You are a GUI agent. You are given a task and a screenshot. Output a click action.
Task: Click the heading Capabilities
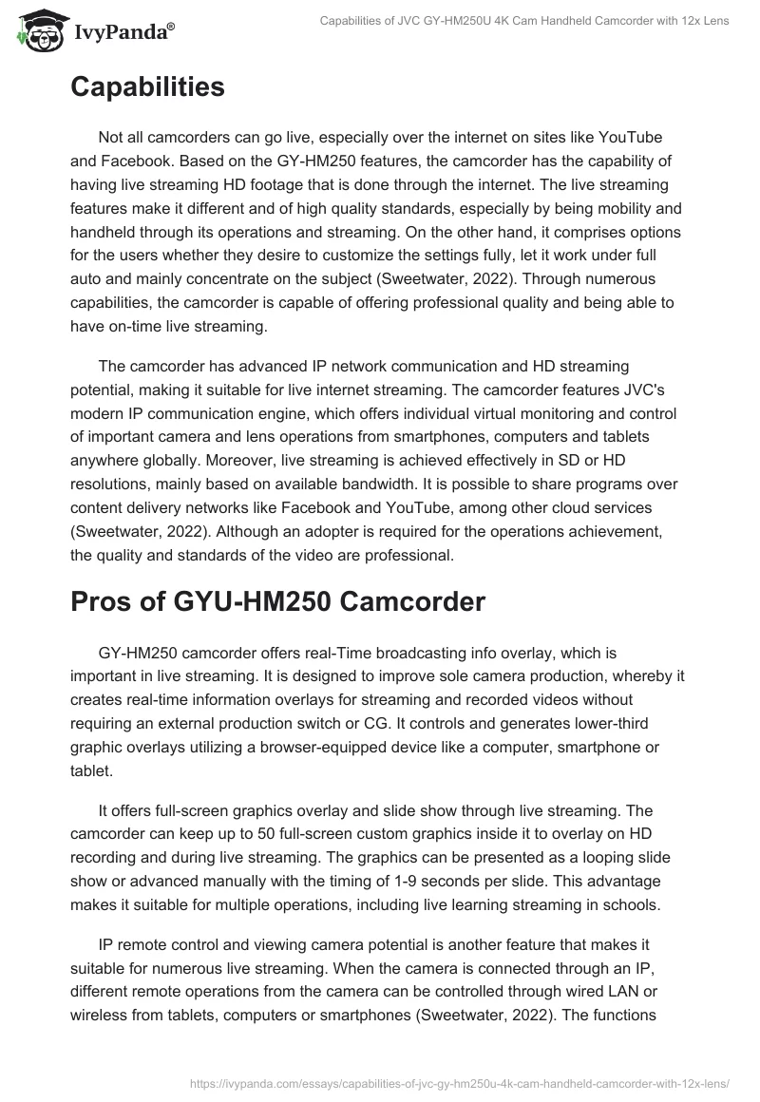pyautogui.click(x=147, y=87)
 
